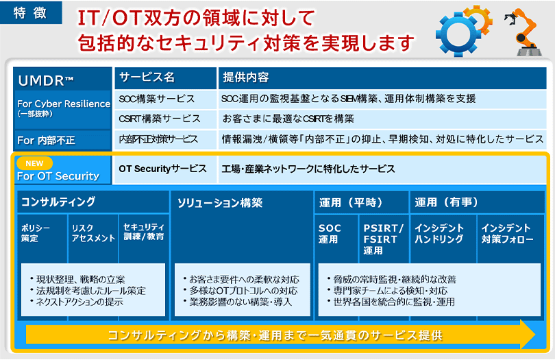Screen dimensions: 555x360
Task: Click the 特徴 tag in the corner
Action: click(x=31, y=13)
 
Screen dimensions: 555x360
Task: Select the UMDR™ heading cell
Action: click(x=62, y=79)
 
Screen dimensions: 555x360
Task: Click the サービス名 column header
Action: click(x=165, y=78)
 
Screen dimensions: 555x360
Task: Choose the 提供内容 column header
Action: click(x=382, y=78)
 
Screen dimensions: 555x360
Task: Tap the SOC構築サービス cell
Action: click(x=165, y=99)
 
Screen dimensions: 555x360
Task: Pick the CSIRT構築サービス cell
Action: click(x=165, y=119)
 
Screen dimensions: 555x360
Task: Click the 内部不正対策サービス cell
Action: click(x=165, y=139)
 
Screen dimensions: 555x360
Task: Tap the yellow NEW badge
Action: click(x=34, y=163)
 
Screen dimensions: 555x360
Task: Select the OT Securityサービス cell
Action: click(x=165, y=169)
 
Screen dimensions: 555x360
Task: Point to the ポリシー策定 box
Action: click(x=42, y=238)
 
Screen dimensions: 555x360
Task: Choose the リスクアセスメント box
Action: click(x=93, y=238)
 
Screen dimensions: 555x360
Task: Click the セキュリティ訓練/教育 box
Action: click(x=144, y=238)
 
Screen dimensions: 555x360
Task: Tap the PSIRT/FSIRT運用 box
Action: click(x=384, y=239)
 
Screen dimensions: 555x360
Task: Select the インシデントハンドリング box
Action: click(x=443, y=239)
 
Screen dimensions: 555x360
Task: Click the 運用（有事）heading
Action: click(x=477, y=202)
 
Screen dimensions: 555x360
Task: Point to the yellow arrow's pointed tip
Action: click(x=536, y=334)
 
